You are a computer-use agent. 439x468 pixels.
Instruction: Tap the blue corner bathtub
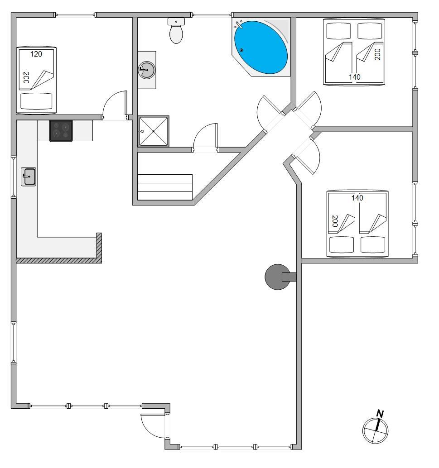(261, 47)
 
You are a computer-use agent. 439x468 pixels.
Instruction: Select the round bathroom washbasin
(147, 70)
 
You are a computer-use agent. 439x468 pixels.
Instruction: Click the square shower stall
(153, 131)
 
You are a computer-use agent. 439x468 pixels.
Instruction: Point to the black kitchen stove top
(61, 130)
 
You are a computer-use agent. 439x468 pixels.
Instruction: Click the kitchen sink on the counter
(29, 177)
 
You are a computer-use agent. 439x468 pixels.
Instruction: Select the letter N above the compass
(380, 414)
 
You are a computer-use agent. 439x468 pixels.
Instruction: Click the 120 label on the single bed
(36, 54)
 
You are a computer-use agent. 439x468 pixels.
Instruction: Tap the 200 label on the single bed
(26, 77)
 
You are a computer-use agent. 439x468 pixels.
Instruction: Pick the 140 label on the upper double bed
(354, 77)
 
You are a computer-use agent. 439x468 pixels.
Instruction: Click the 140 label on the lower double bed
(357, 198)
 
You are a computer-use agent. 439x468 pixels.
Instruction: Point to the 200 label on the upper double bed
(377, 55)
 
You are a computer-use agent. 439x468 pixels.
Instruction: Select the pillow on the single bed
(36, 101)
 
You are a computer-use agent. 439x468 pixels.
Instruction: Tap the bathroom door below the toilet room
(205, 135)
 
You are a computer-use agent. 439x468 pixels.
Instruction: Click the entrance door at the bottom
(153, 426)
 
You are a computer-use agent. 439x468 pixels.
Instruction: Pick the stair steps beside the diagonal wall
(164, 187)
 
